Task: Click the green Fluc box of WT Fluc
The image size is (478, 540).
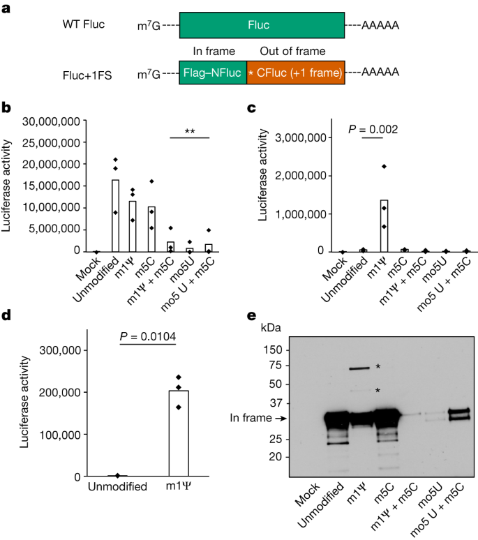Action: tap(262, 25)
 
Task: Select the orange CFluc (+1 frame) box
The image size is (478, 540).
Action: tap(295, 73)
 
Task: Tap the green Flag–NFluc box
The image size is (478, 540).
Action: tap(213, 73)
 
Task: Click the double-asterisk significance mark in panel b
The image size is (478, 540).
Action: tap(190, 131)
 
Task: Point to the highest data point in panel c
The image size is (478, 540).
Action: tap(383, 166)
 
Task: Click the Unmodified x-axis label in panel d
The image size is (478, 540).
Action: tap(117, 486)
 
